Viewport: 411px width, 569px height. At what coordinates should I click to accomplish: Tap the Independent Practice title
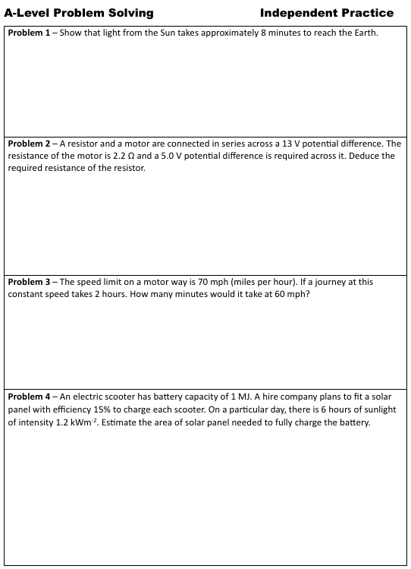326,13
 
